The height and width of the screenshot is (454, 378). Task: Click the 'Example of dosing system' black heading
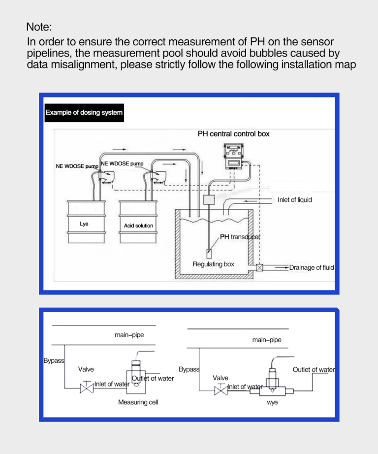[84, 113]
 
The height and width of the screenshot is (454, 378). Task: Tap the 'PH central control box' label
[234, 134]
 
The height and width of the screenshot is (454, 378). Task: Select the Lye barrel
[86, 222]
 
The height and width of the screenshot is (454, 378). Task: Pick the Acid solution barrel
[138, 222]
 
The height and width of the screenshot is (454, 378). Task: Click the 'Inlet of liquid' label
[295, 200]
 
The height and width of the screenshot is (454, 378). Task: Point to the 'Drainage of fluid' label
[312, 267]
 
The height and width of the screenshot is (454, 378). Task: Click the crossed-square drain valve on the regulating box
[259, 268]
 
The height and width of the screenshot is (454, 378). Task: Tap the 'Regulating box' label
[213, 264]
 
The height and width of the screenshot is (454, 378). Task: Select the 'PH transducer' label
[240, 237]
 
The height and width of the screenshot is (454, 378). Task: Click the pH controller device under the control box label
[234, 156]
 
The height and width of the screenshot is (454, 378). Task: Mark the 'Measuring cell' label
[138, 402]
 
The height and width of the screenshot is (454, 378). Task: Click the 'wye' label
[272, 402]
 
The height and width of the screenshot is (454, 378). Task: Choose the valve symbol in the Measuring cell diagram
[87, 388]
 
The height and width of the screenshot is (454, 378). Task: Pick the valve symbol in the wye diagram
[221, 390]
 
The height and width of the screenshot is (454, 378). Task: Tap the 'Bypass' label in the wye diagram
[189, 369]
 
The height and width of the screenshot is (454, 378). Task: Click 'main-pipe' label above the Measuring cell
[129, 335]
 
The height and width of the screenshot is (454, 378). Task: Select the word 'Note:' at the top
[39, 27]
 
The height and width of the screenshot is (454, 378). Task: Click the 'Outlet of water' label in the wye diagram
[314, 370]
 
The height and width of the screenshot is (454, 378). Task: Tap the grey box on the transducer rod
[209, 200]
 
